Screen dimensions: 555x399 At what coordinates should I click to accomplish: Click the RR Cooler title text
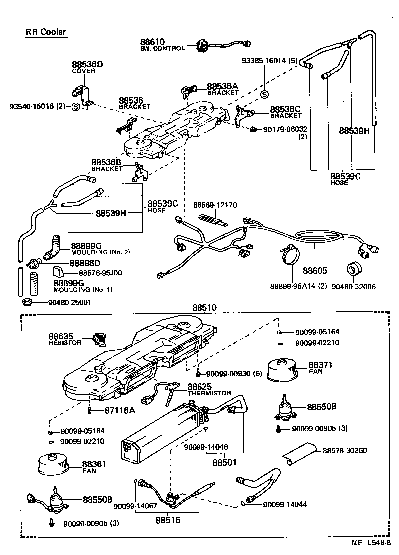click(x=46, y=33)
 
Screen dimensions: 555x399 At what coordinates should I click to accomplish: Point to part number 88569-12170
click(x=215, y=205)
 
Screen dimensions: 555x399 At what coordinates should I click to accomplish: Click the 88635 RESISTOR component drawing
click(x=100, y=340)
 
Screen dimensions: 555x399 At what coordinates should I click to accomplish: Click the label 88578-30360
click(x=344, y=451)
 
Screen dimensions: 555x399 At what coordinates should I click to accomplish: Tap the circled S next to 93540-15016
click(x=76, y=106)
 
